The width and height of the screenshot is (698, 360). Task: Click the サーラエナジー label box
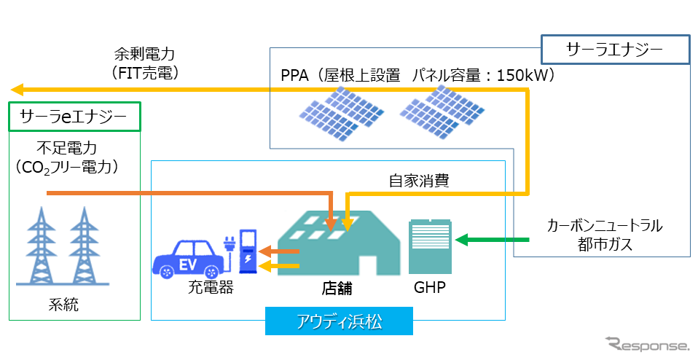tap(615, 50)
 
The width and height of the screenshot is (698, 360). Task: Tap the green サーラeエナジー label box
tap(75, 117)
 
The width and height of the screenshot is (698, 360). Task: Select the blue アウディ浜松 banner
tap(340, 321)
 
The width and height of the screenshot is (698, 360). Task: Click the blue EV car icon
tap(188, 259)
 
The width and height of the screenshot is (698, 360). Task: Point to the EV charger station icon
tap(244, 251)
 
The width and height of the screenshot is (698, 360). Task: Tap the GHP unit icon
tap(430, 246)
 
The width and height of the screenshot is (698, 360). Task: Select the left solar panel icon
tap(341, 111)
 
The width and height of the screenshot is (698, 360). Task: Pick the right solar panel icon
tap(442, 111)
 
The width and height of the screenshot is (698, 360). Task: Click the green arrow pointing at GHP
tap(493, 240)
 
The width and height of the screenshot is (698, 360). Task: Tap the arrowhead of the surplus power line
tap(17, 90)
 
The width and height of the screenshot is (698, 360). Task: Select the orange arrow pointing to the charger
tap(279, 251)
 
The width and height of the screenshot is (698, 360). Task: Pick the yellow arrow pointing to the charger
tap(279, 266)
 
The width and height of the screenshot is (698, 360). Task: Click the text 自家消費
tap(419, 181)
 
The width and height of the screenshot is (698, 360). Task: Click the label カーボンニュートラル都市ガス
tap(605, 235)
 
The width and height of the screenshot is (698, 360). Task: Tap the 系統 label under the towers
tap(63, 305)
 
